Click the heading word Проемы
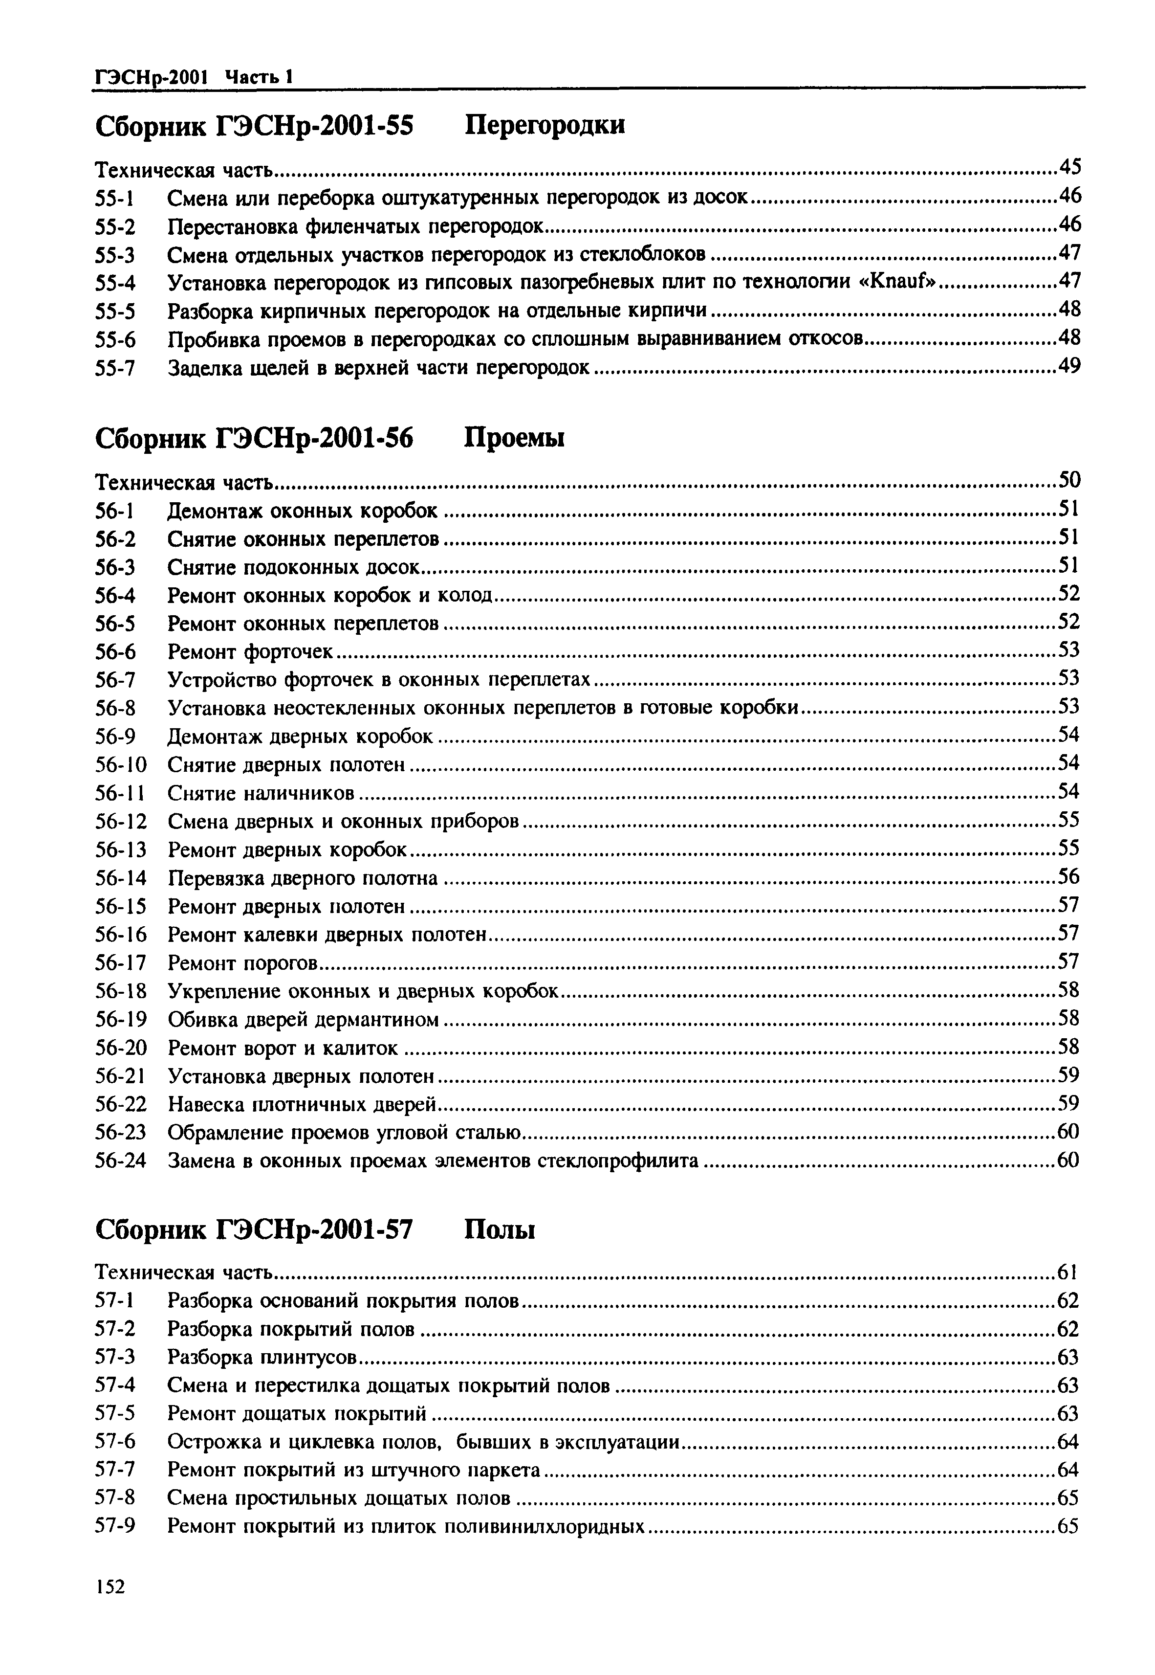[514, 439]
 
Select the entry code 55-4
[116, 283]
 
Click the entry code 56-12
[121, 822]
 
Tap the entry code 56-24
[121, 1161]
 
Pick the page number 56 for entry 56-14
[1069, 877]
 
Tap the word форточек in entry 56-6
[288, 652]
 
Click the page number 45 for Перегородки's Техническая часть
[1069, 168]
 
